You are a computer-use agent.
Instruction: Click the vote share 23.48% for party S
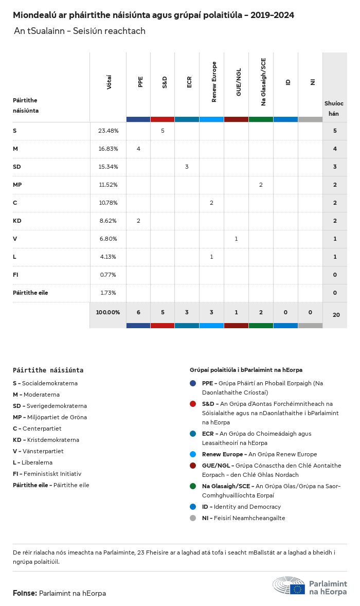click(x=108, y=131)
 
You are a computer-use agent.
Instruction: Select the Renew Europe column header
click(x=214, y=82)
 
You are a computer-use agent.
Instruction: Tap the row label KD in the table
click(x=16, y=221)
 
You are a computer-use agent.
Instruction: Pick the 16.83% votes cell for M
click(x=108, y=149)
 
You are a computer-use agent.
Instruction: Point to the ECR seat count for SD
click(x=187, y=167)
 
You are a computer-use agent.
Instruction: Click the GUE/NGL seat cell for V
click(x=236, y=239)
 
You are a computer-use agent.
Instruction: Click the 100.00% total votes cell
click(x=108, y=312)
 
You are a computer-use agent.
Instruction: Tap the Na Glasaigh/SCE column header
click(x=263, y=82)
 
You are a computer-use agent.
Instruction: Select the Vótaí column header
click(x=109, y=82)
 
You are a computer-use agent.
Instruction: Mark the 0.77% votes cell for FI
click(x=108, y=275)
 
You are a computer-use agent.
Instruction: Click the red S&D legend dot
click(x=193, y=404)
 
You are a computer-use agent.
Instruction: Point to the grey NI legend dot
click(x=193, y=518)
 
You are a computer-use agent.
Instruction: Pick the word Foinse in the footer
click(x=25, y=593)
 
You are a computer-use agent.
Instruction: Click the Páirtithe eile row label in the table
click(x=30, y=293)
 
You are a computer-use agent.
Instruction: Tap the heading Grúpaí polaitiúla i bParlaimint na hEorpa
click(x=246, y=370)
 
